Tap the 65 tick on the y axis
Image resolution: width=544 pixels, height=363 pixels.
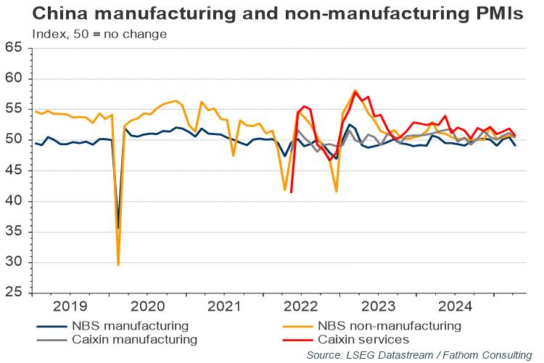tap(15, 48)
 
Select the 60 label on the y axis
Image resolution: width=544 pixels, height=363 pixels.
tap(15, 78)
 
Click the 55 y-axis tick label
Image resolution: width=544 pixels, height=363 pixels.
tap(15, 109)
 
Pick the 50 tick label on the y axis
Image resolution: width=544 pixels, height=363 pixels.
tap(15, 140)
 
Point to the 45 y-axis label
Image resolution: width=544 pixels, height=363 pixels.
tap(15, 171)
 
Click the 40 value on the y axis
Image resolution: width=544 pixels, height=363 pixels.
tap(15, 201)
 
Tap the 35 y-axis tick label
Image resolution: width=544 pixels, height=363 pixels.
tap(15, 232)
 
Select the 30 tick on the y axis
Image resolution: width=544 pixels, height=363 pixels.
tap(15, 263)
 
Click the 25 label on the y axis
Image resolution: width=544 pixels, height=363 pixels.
tap(15, 293)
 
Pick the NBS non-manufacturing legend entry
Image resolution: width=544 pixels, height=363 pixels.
tap(388, 325)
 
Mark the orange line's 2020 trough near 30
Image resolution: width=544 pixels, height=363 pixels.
tap(118, 265)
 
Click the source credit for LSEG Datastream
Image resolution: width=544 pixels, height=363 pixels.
tap(419, 355)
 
